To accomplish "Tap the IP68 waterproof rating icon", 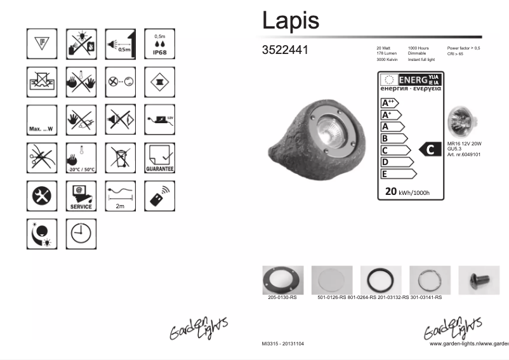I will (x=159, y=43).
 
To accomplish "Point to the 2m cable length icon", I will (x=119, y=196).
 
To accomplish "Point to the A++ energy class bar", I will (x=388, y=103).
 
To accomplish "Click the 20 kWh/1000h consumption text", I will (x=407, y=192).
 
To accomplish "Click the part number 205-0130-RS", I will (x=282, y=297).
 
